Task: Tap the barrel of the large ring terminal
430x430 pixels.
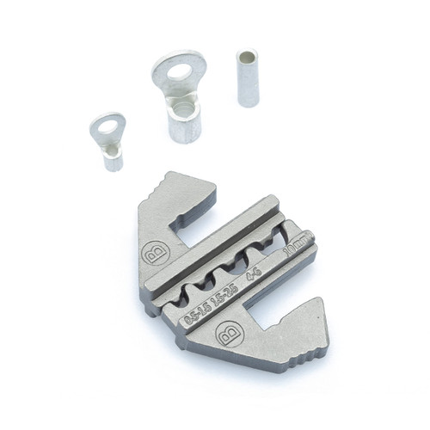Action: [x=185, y=123]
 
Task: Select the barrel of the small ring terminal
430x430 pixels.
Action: [x=114, y=157]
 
